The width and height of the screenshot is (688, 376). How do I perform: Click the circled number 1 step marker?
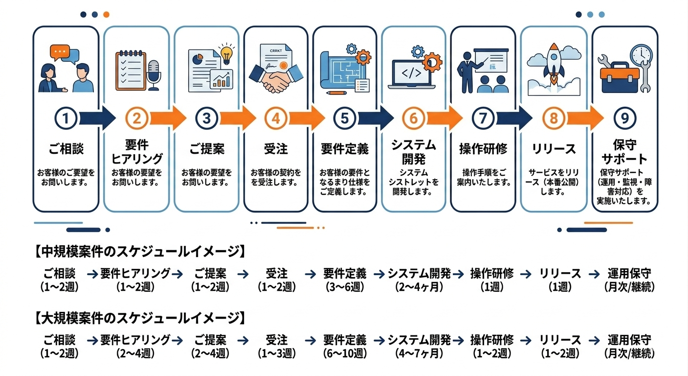pos(68,118)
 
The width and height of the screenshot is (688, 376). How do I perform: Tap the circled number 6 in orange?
pos(414,118)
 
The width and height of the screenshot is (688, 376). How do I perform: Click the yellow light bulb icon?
pos(225,54)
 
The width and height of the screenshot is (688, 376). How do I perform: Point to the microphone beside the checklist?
pos(154,74)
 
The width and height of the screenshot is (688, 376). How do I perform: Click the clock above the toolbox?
pos(641,55)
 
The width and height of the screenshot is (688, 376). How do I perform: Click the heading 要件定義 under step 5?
pos(345,149)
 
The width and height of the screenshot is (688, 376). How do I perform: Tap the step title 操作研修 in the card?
pos(483,149)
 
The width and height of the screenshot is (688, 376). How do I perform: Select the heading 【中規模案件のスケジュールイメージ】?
pos(139,252)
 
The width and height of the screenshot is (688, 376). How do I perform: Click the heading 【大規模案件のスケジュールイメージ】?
pos(139,318)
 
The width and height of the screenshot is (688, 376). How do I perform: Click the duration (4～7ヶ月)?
pos(419,353)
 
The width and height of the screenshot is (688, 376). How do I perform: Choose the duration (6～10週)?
pos(345,353)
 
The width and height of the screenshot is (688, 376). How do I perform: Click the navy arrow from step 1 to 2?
pos(97,118)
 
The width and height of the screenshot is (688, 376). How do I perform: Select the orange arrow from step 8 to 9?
pos(585,118)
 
